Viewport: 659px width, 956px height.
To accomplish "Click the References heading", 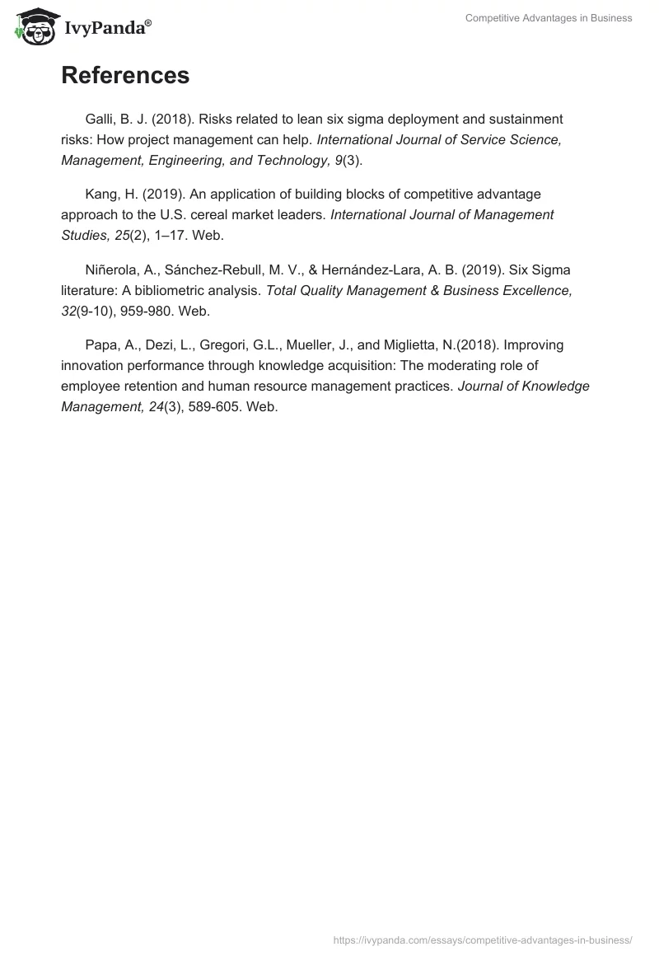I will pos(125,76).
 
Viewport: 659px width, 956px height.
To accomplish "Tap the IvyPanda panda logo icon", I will pos(33,27).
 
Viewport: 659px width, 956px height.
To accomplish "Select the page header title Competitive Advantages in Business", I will pos(549,18).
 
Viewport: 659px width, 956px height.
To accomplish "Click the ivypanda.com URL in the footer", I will pos(483,939).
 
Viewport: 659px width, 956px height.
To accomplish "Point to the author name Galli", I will pos(100,119).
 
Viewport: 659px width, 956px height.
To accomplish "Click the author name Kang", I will pos(102,194).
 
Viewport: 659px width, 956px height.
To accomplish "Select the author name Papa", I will pos(101,344).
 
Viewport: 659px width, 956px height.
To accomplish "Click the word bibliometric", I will pos(177,290).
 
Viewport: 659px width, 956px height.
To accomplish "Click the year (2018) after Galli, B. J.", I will pos(171,119).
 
